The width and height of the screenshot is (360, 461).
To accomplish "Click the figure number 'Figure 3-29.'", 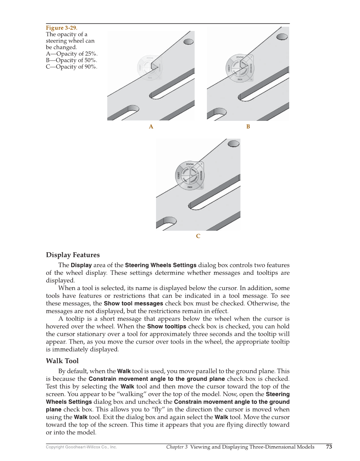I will [x=61, y=28].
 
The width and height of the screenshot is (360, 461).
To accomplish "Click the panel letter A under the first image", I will [x=151, y=127].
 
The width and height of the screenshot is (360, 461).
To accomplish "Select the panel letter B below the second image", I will [x=248, y=127].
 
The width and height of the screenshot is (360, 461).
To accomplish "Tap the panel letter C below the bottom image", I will [x=198, y=236].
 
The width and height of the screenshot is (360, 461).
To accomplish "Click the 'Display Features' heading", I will [x=73, y=255].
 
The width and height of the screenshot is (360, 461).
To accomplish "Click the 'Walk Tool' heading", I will [x=62, y=361].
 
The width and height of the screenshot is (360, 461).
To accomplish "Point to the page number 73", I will [x=329, y=447].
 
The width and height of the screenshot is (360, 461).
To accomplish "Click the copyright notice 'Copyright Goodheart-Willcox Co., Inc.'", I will [x=81, y=447].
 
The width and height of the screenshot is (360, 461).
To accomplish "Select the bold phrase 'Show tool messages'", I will [x=133, y=304].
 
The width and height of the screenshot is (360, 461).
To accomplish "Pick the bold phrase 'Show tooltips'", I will [x=166, y=327].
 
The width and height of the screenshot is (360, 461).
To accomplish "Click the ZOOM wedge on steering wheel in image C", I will [x=190, y=164].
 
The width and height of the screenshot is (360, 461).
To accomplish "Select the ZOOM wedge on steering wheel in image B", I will [x=240, y=57].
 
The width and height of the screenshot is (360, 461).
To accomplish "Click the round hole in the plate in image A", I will [x=188, y=42].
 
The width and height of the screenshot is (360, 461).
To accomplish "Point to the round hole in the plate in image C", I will [x=233, y=145].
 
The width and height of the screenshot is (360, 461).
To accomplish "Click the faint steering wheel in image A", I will [x=150, y=67].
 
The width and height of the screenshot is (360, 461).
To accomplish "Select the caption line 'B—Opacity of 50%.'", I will [x=71, y=60].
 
